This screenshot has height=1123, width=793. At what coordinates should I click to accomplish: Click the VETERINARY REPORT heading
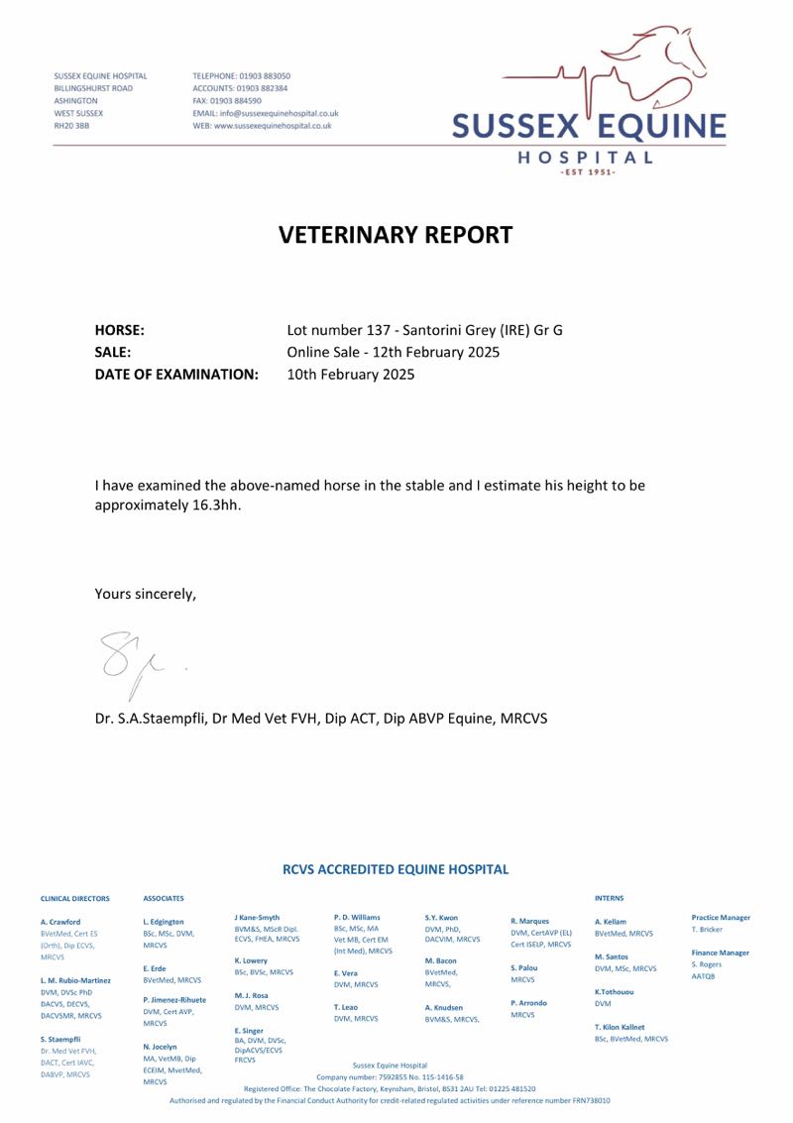[x=396, y=235]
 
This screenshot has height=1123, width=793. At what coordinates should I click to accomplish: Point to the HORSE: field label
[x=120, y=330]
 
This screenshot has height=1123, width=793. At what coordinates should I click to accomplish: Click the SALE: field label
[x=114, y=352]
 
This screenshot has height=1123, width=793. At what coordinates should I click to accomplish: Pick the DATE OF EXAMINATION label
[x=176, y=375]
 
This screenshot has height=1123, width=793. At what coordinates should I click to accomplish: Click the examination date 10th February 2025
[x=351, y=375]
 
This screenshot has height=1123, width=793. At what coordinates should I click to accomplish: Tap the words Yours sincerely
[x=146, y=594]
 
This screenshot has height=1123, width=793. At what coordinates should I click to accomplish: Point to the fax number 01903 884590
[x=238, y=101]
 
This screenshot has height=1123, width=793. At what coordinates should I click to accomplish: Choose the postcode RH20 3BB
[x=71, y=127]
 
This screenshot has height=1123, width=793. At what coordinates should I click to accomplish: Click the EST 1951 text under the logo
[x=588, y=172]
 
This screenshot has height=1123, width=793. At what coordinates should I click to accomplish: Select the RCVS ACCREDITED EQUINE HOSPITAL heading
[x=396, y=869]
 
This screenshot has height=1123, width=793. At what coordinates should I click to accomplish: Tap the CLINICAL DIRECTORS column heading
[x=75, y=899]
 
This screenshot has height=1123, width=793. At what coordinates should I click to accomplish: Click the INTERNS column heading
[x=609, y=899]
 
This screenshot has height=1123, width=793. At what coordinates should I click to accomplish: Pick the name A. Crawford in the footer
[x=60, y=922]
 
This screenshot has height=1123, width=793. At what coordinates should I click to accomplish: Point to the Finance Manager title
[x=720, y=953]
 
